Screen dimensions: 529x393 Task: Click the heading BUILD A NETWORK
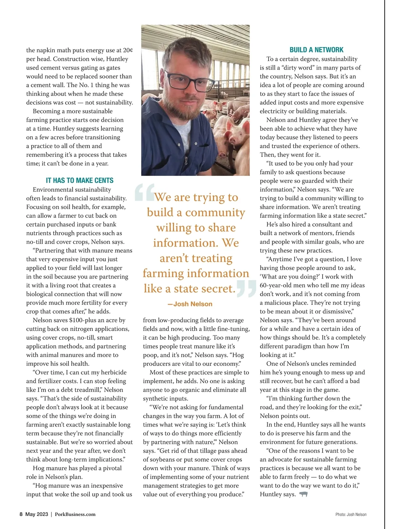(316, 50)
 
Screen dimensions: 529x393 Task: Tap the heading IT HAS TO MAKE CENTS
(80, 180)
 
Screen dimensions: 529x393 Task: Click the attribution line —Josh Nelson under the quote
(190, 304)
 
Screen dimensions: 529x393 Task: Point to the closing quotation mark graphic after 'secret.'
(246, 288)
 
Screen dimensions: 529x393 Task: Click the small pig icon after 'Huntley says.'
(304, 494)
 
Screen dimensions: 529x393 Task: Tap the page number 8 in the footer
(21, 514)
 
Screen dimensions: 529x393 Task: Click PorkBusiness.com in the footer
(75, 514)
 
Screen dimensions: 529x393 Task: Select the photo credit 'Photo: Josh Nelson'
(351, 514)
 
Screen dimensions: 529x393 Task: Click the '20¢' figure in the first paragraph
(128, 50)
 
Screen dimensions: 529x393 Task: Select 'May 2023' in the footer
(37, 514)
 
